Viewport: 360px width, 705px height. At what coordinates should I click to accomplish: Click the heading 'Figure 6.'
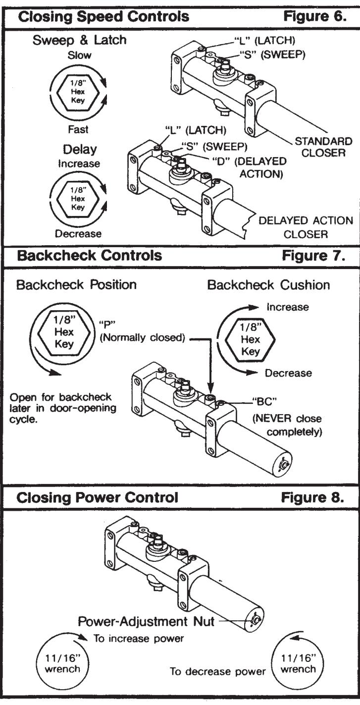point(314,16)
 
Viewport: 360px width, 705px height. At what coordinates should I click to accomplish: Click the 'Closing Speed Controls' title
point(103,16)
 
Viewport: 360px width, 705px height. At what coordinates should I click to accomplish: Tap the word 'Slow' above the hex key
point(79,55)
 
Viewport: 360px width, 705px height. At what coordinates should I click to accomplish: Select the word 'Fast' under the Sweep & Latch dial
point(78,129)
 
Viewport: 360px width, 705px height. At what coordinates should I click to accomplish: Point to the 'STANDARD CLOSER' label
point(323,147)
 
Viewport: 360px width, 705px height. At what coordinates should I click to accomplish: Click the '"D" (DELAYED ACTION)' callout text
point(249,167)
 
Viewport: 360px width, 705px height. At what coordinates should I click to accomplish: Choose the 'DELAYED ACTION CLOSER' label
point(306,227)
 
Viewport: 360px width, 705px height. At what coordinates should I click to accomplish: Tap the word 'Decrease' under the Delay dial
point(78,233)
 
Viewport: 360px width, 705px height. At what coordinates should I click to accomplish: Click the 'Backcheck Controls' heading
point(89,255)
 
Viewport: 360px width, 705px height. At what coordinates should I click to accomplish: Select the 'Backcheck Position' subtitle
point(76,284)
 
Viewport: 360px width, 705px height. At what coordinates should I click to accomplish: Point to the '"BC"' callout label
point(264,402)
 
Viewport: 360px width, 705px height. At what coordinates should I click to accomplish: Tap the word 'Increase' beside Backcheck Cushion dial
point(288,307)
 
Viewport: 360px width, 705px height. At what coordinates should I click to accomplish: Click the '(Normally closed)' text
point(142,337)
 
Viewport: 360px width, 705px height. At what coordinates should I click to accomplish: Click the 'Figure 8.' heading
point(312,497)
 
